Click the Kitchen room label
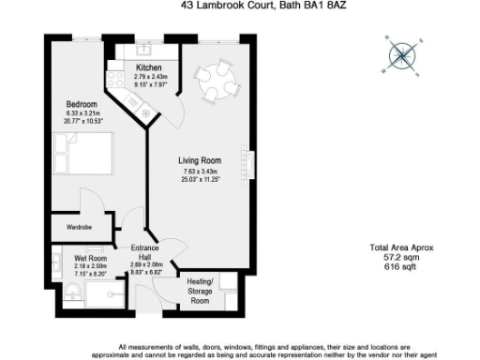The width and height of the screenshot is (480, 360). point(149,68)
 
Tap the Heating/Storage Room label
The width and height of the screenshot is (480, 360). point(200,291)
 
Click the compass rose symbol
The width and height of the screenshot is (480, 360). point(402,56)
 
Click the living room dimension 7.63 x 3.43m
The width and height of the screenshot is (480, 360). point(198,172)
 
